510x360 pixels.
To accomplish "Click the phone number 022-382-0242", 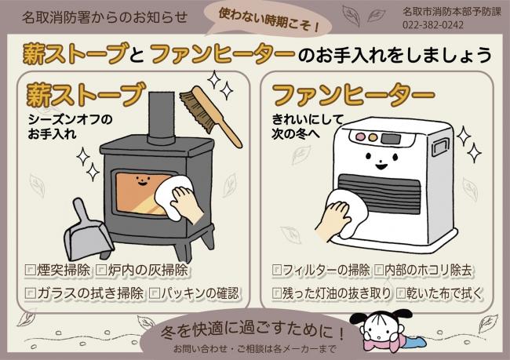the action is [x=433, y=25].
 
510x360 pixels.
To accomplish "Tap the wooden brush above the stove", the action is [x=211, y=115].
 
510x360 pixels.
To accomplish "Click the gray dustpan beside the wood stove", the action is [x=87, y=230].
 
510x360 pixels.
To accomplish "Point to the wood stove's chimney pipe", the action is [x=162, y=118].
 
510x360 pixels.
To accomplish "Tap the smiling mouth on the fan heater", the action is [x=381, y=167].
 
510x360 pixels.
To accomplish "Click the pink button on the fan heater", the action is [x=361, y=136].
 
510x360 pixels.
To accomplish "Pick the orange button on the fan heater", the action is [x=373, y=137].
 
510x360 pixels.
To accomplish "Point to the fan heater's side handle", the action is [x=441, y=147].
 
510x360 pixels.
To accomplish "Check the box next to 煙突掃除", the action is [x=31, y=270].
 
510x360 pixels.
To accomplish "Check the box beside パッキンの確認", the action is [x=155, y=293].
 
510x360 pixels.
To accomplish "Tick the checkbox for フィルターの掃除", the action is [x=277, y=270].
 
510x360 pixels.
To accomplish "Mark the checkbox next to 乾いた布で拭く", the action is [x=402, y=293].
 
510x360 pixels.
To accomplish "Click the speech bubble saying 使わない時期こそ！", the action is [x=268, y=20].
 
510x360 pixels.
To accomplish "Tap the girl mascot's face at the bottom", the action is [x=378, y=328].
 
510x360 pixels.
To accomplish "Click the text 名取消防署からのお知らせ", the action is [x=104, y=17].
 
